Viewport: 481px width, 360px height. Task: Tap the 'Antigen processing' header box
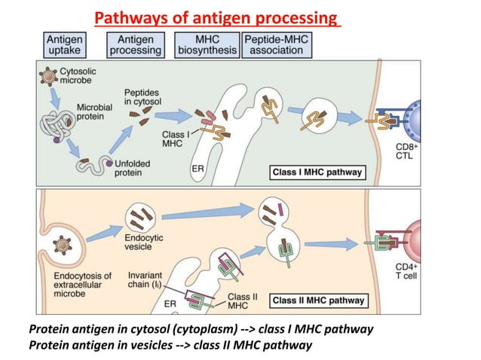[135, 44]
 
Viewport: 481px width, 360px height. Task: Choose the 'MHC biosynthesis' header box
[206, 44]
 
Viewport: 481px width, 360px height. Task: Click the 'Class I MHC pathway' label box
[317, 172]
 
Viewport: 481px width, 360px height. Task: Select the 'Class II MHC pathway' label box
[318, 301]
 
